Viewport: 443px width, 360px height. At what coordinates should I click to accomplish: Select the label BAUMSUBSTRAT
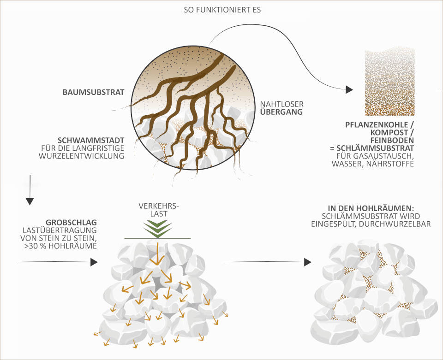coord(93,92)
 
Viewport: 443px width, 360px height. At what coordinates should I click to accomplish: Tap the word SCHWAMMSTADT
coord(91,140)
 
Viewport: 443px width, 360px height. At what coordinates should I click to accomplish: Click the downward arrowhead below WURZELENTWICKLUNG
coord(30,201)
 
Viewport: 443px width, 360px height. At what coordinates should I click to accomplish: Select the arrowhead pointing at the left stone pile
coord(94,262)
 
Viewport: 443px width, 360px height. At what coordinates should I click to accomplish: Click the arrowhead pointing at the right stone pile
coord(307,262)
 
